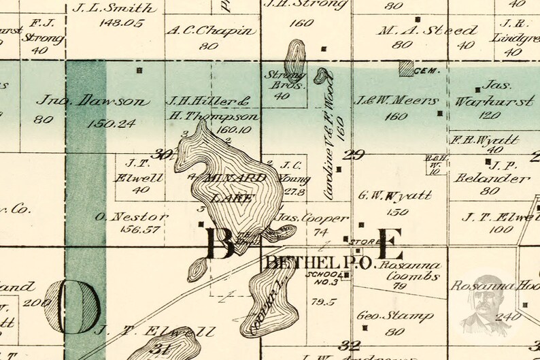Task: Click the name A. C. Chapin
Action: click(211, 31)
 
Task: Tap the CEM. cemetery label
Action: click(430, 69)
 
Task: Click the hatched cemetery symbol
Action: click(407, 68)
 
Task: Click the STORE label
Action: click(359, 242)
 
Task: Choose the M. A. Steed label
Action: click(428, 30)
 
